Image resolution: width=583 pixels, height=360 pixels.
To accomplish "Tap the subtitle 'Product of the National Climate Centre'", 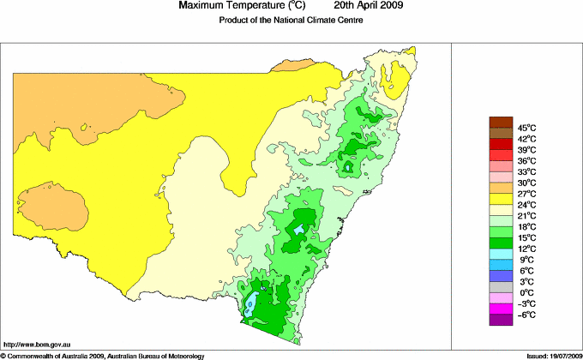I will (x=291, y=21).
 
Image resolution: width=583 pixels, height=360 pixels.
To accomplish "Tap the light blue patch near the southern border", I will (x=250, y=304).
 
